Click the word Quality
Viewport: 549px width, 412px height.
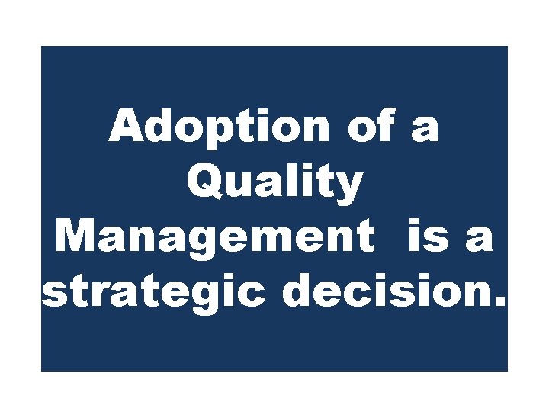[x=274, y=184]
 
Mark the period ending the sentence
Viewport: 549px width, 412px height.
[x=499, y=304]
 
